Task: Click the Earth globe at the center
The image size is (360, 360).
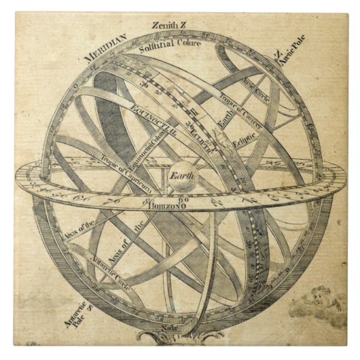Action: point(181,178)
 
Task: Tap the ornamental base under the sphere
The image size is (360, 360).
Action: point(170,338)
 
